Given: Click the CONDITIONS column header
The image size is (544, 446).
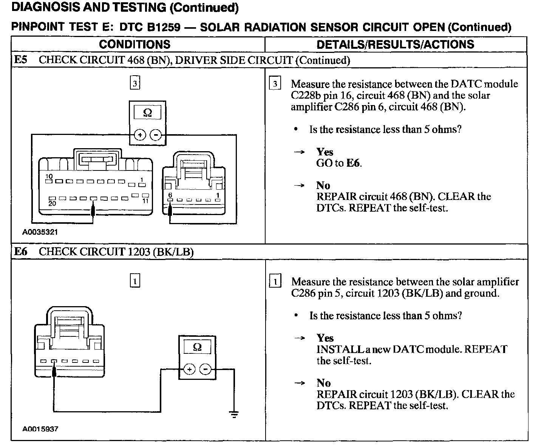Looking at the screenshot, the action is pos(134,44).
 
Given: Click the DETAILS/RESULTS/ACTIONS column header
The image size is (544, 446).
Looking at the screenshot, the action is pos(395,44).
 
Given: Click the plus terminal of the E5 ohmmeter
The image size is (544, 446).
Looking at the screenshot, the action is pos(140,135).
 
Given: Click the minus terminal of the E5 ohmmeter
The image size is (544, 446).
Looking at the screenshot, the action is pos(155,135).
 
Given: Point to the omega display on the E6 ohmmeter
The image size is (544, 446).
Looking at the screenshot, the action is pos(197,347).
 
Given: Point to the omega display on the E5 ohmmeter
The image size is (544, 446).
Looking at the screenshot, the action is pos(147,113).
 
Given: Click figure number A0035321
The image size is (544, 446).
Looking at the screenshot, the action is pos(40,232).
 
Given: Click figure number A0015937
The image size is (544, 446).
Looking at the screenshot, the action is pos(40,429).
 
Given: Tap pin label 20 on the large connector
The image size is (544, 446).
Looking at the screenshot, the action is pos(52,203).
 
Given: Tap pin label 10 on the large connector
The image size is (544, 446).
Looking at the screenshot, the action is pos(49,176).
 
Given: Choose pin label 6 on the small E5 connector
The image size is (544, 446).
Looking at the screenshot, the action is pos(170,195).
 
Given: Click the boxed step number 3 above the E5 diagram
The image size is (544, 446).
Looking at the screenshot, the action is pos(135,83).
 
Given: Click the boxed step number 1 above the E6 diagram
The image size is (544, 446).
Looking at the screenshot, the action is pos(135,281).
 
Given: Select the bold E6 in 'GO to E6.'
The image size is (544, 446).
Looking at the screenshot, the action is pos(354,163).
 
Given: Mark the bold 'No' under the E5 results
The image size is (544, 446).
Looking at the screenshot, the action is pos(323,186).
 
